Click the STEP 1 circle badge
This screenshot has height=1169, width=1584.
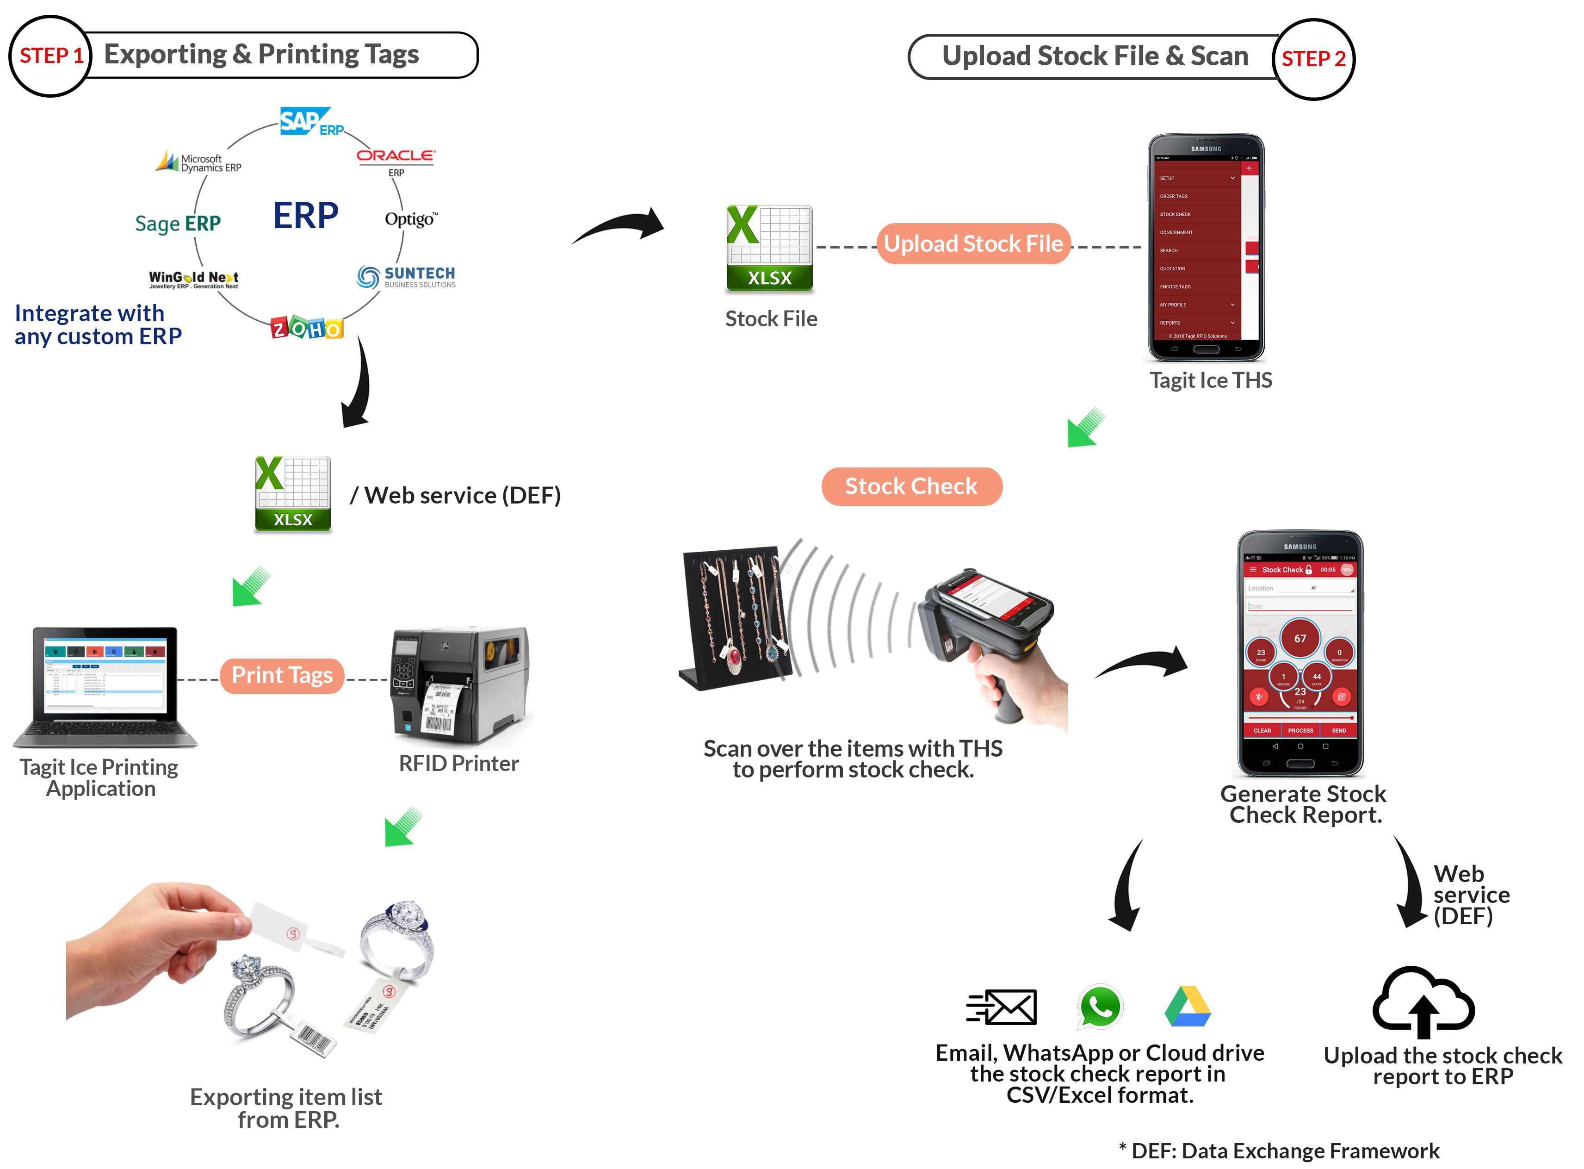50,56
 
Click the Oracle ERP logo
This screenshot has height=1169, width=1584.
396,160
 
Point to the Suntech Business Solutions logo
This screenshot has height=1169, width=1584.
406,277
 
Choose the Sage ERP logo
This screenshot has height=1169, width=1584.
178,224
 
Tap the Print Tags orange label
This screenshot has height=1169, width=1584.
282,676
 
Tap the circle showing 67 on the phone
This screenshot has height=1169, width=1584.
1299,638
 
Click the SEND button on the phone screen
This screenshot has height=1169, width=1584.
1338,730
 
